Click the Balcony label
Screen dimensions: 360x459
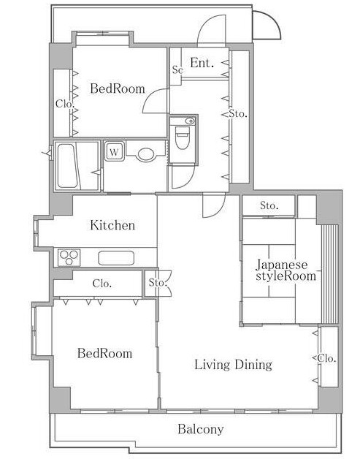point(201,429)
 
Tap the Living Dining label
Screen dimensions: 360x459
point(234,365)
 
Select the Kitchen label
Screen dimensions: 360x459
point(112,225)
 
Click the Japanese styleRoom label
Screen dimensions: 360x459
point(286,270)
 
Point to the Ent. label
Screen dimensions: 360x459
point(202,63)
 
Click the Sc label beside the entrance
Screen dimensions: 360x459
point(177,69)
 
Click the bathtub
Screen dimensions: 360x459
point(69,166)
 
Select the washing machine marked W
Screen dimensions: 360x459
point(115,151)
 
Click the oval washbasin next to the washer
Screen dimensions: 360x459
point(145,154)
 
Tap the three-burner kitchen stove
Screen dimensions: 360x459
point(69,257)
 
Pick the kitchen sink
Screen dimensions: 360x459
point(116,258)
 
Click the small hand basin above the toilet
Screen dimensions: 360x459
point(190,121)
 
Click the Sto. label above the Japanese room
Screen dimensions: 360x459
point(269,206)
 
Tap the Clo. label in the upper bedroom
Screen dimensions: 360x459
point(65,104)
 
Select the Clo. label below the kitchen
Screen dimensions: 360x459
point(102,284)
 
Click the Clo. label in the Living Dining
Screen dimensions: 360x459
point(326,358)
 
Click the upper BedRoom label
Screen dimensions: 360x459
point(118,88)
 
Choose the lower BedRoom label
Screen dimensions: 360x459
point(104,353)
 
